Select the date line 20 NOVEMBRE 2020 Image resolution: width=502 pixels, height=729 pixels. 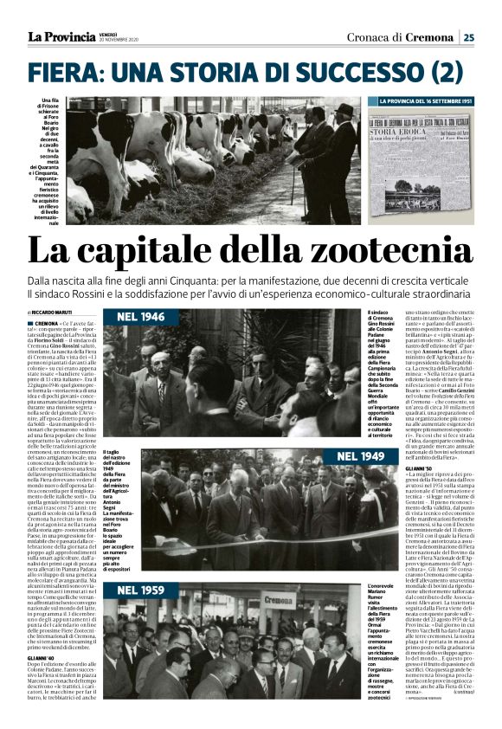pyautogui.click(x=119, y=40)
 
